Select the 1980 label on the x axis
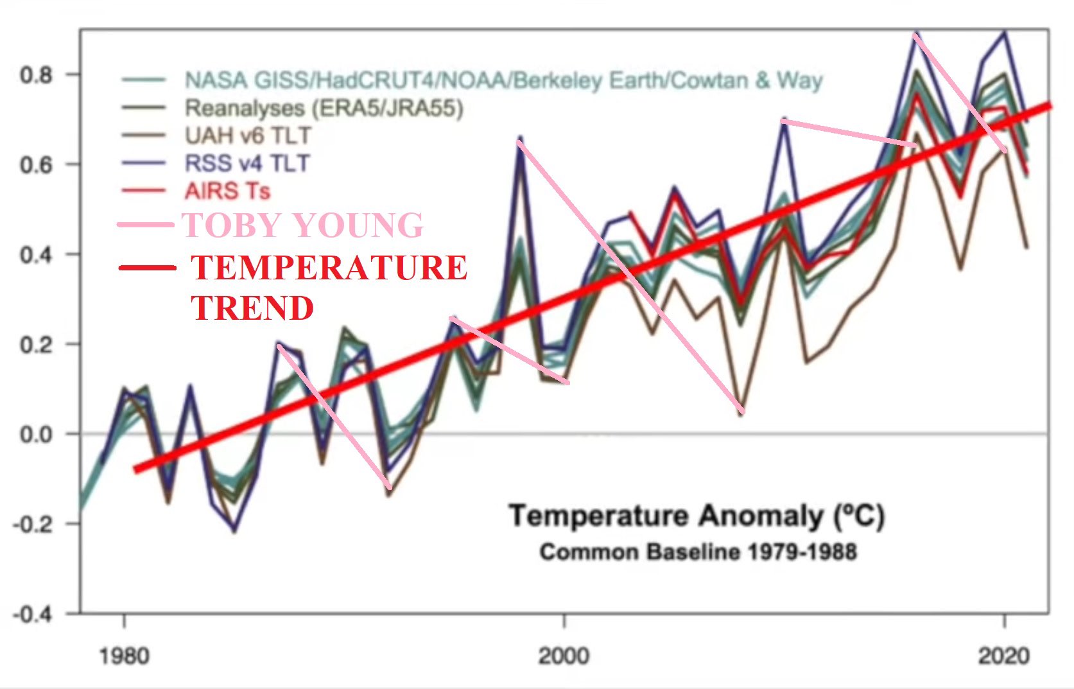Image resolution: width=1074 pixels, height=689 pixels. coord(124,656)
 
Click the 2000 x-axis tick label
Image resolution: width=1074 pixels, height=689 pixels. coord(564,656)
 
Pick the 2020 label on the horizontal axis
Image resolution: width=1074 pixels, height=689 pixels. coord(1003,656)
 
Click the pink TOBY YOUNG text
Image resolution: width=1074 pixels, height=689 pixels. coord(303,225)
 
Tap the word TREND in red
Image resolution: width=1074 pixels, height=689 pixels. coord(252,308)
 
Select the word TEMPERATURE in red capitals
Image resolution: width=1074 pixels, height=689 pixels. coord(329,268)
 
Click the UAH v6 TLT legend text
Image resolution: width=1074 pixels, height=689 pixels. coord(248,136)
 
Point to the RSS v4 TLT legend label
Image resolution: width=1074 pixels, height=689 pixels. coord(247,163)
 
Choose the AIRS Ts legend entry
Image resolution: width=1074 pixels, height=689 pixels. coord(228,191)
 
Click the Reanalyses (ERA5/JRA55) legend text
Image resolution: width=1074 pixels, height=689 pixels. coord(324,108)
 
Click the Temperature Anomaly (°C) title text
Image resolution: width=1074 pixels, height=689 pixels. coord(697,516)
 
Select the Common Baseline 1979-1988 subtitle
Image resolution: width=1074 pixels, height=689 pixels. coord(698,552)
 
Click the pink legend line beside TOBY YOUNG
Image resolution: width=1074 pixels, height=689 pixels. coord(146,225)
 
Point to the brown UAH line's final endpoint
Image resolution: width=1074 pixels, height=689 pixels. coord(1027,248)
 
